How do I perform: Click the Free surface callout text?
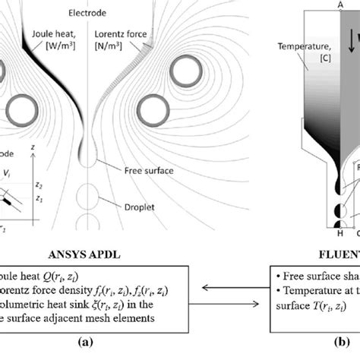point(152,172)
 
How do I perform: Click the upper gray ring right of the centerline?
point(185,73)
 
